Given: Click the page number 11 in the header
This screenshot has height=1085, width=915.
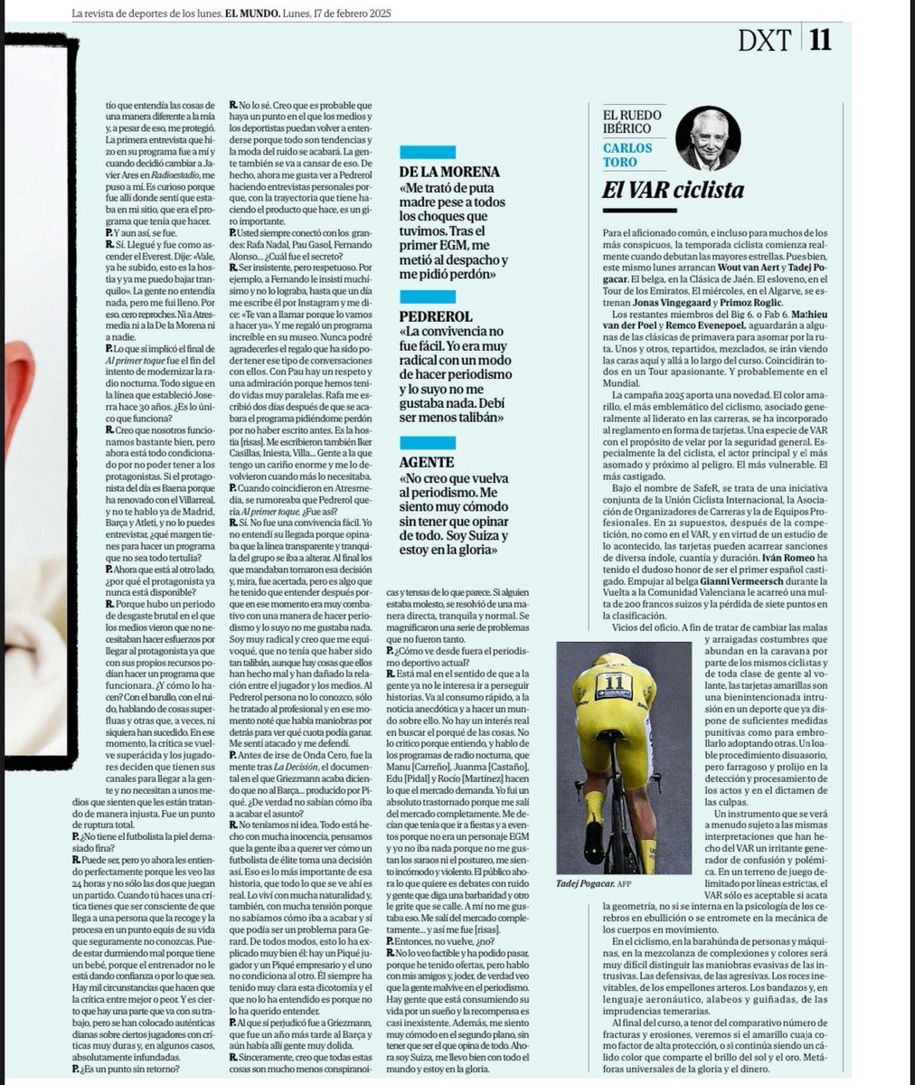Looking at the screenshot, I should (819, 40).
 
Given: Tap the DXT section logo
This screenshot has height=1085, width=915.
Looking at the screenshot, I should (765, 40).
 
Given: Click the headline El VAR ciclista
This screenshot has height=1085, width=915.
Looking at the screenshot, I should (673, 190).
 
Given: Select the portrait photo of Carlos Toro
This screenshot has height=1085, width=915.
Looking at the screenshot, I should (707, 137).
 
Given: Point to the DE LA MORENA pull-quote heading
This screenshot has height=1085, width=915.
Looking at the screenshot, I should (449, 171).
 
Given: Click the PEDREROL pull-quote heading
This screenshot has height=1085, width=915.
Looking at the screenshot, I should (436, 316).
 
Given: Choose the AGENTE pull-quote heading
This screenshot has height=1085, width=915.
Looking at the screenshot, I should (426, 462).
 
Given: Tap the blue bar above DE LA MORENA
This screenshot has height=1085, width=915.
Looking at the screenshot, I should (428, 151).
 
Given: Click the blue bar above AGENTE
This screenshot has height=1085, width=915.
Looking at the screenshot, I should (428, 442).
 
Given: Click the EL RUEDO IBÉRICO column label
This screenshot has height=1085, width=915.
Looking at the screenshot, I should (632, 122).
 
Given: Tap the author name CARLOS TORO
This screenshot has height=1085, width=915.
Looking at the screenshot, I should (627, 155).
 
